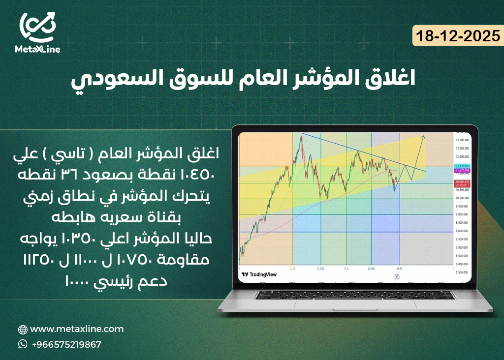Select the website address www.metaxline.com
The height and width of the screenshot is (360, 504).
[x=77, y=329]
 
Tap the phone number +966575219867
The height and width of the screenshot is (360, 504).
[x=66, y=344]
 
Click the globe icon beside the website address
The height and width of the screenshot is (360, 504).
[x=23, y=330]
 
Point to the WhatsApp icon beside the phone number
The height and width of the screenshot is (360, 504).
[x=23, y=344]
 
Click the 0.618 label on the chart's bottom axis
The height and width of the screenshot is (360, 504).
[x=372, y=269]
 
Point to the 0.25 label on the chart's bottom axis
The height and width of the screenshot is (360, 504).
[x=292, y=269]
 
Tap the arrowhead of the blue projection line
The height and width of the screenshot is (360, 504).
[x=424, y=137]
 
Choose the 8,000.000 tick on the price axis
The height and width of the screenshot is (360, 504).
[x=461, y=231]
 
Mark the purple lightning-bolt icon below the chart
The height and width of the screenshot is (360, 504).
[x=397, y=277]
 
